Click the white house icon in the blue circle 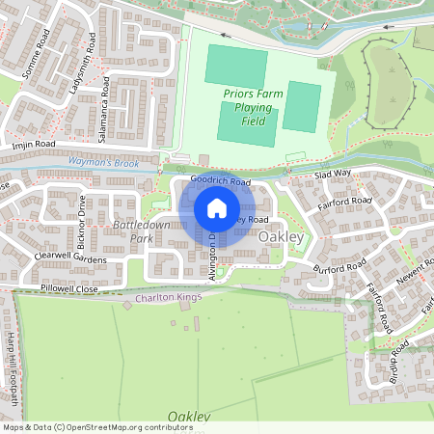217,208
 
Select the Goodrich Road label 220,180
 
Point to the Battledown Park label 134,231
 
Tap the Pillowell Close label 69,288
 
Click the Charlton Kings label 171,298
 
